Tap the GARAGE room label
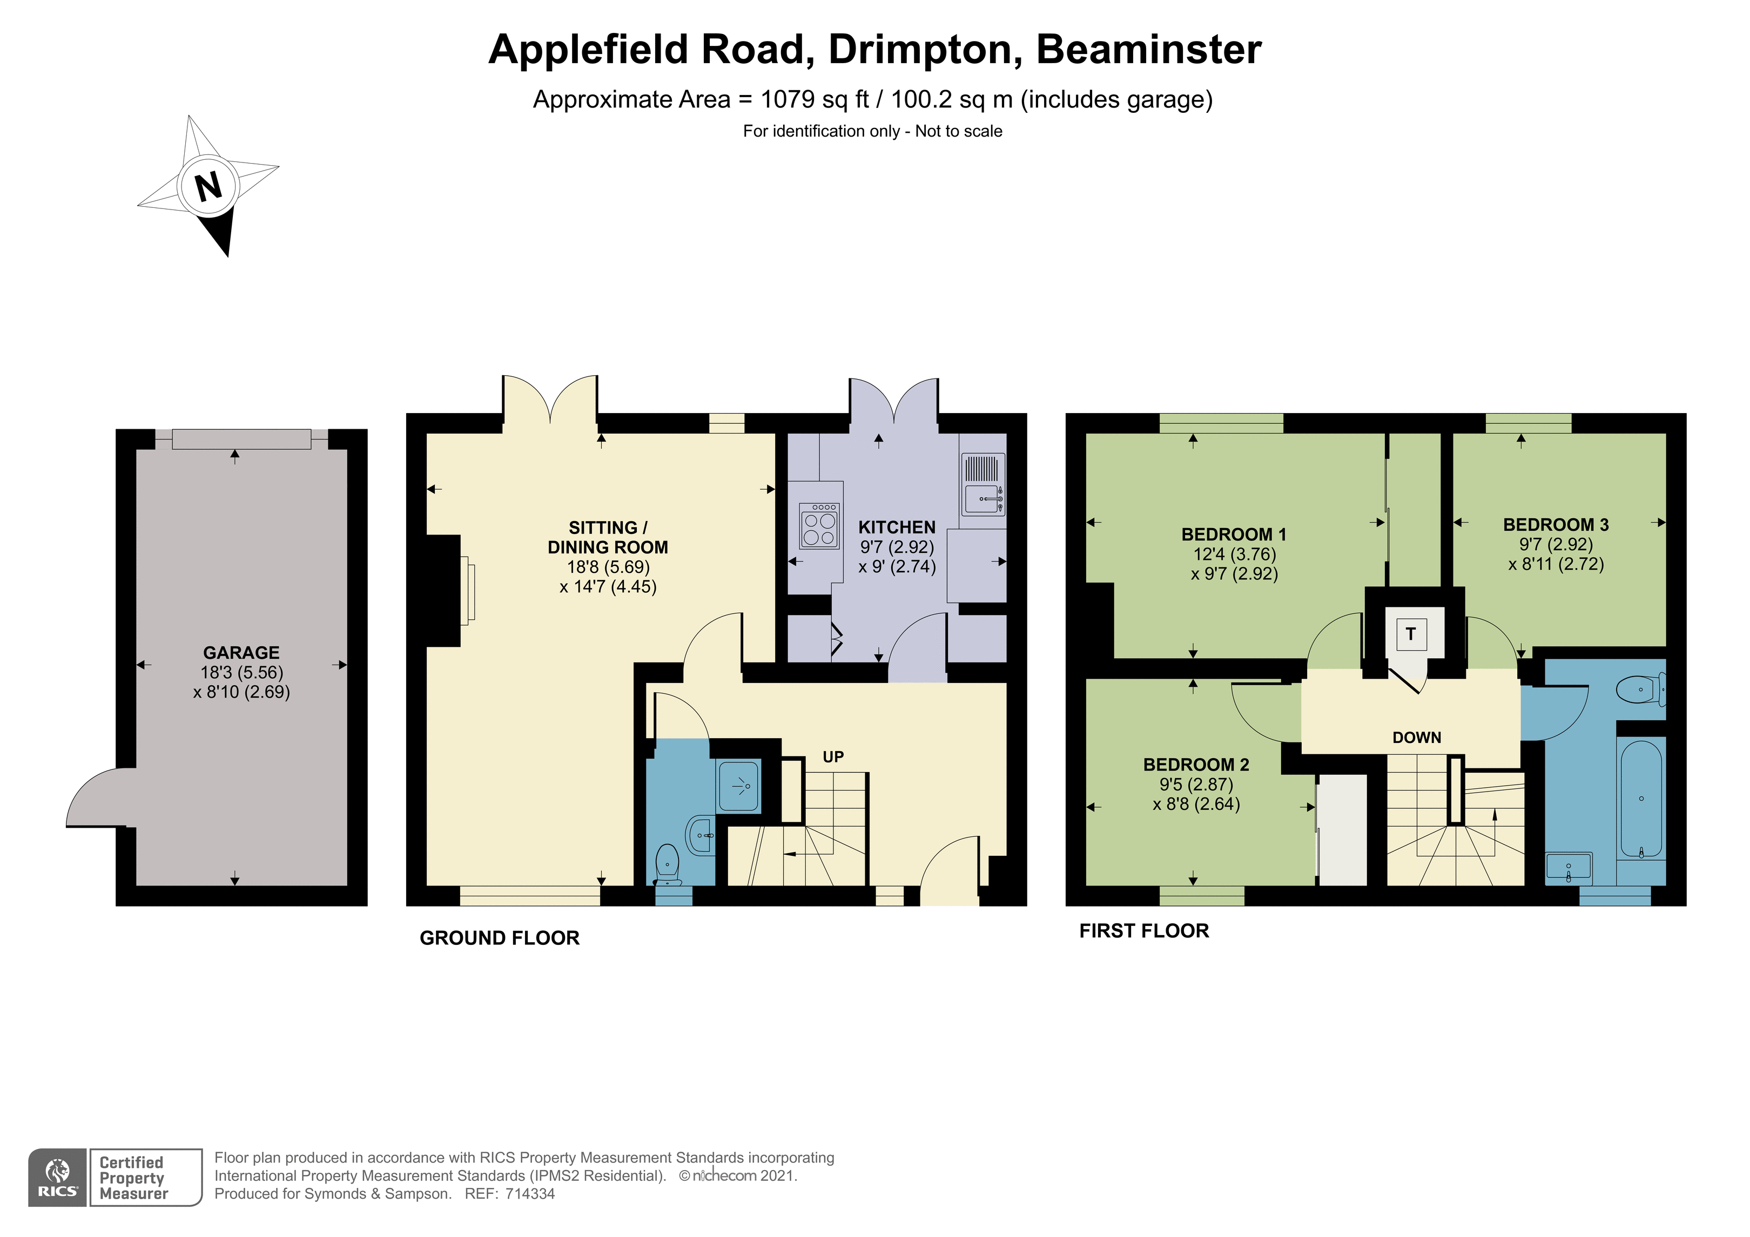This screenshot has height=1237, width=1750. coord(241,652)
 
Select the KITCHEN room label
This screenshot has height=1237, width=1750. coord(897,528)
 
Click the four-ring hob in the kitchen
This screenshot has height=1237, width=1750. coord(819,525)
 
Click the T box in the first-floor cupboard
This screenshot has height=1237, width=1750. coord(1411,633)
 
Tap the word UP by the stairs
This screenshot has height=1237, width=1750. coord(833,757)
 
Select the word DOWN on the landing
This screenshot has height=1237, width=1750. coord(1417,738)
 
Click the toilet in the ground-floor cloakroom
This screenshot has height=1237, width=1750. coord(668,864)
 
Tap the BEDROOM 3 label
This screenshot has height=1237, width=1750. coord(1556,524)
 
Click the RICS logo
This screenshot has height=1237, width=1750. coord(58,1178)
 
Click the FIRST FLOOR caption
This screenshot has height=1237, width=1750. coord(1144,931)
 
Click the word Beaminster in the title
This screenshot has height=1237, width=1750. coord(1149,50)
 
